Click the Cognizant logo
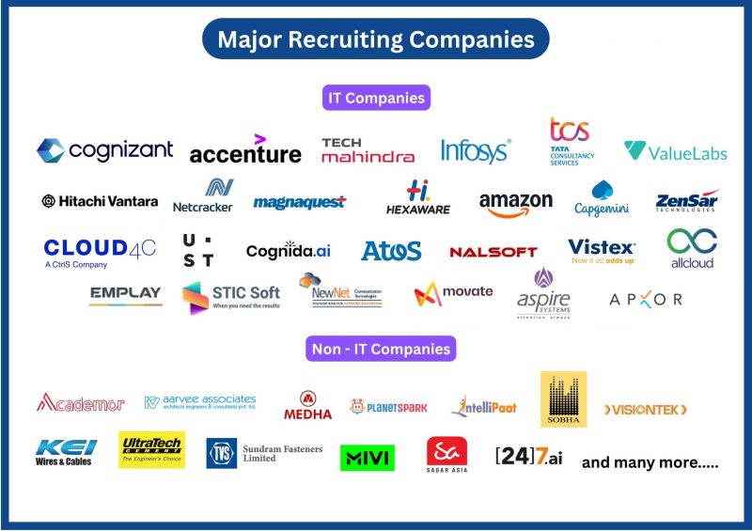tap(105, 150)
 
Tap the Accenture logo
tap(245, 151)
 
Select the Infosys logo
tap(476, 150)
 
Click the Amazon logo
tap(515, 203)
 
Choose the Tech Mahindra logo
tap(368, 150)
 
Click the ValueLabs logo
tap(675, 151)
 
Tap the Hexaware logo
tap(418, 198)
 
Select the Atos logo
tap(391, 251)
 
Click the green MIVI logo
tap(367, 458)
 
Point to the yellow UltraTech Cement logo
tap(151, 449)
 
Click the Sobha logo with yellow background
tap(563, 399)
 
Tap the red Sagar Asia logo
tap(446, 454)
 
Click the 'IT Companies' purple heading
tap(376, 97)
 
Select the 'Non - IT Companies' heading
tap(382, 349)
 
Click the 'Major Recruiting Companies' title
tap(376, 39)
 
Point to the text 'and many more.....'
tap(650, 462)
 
